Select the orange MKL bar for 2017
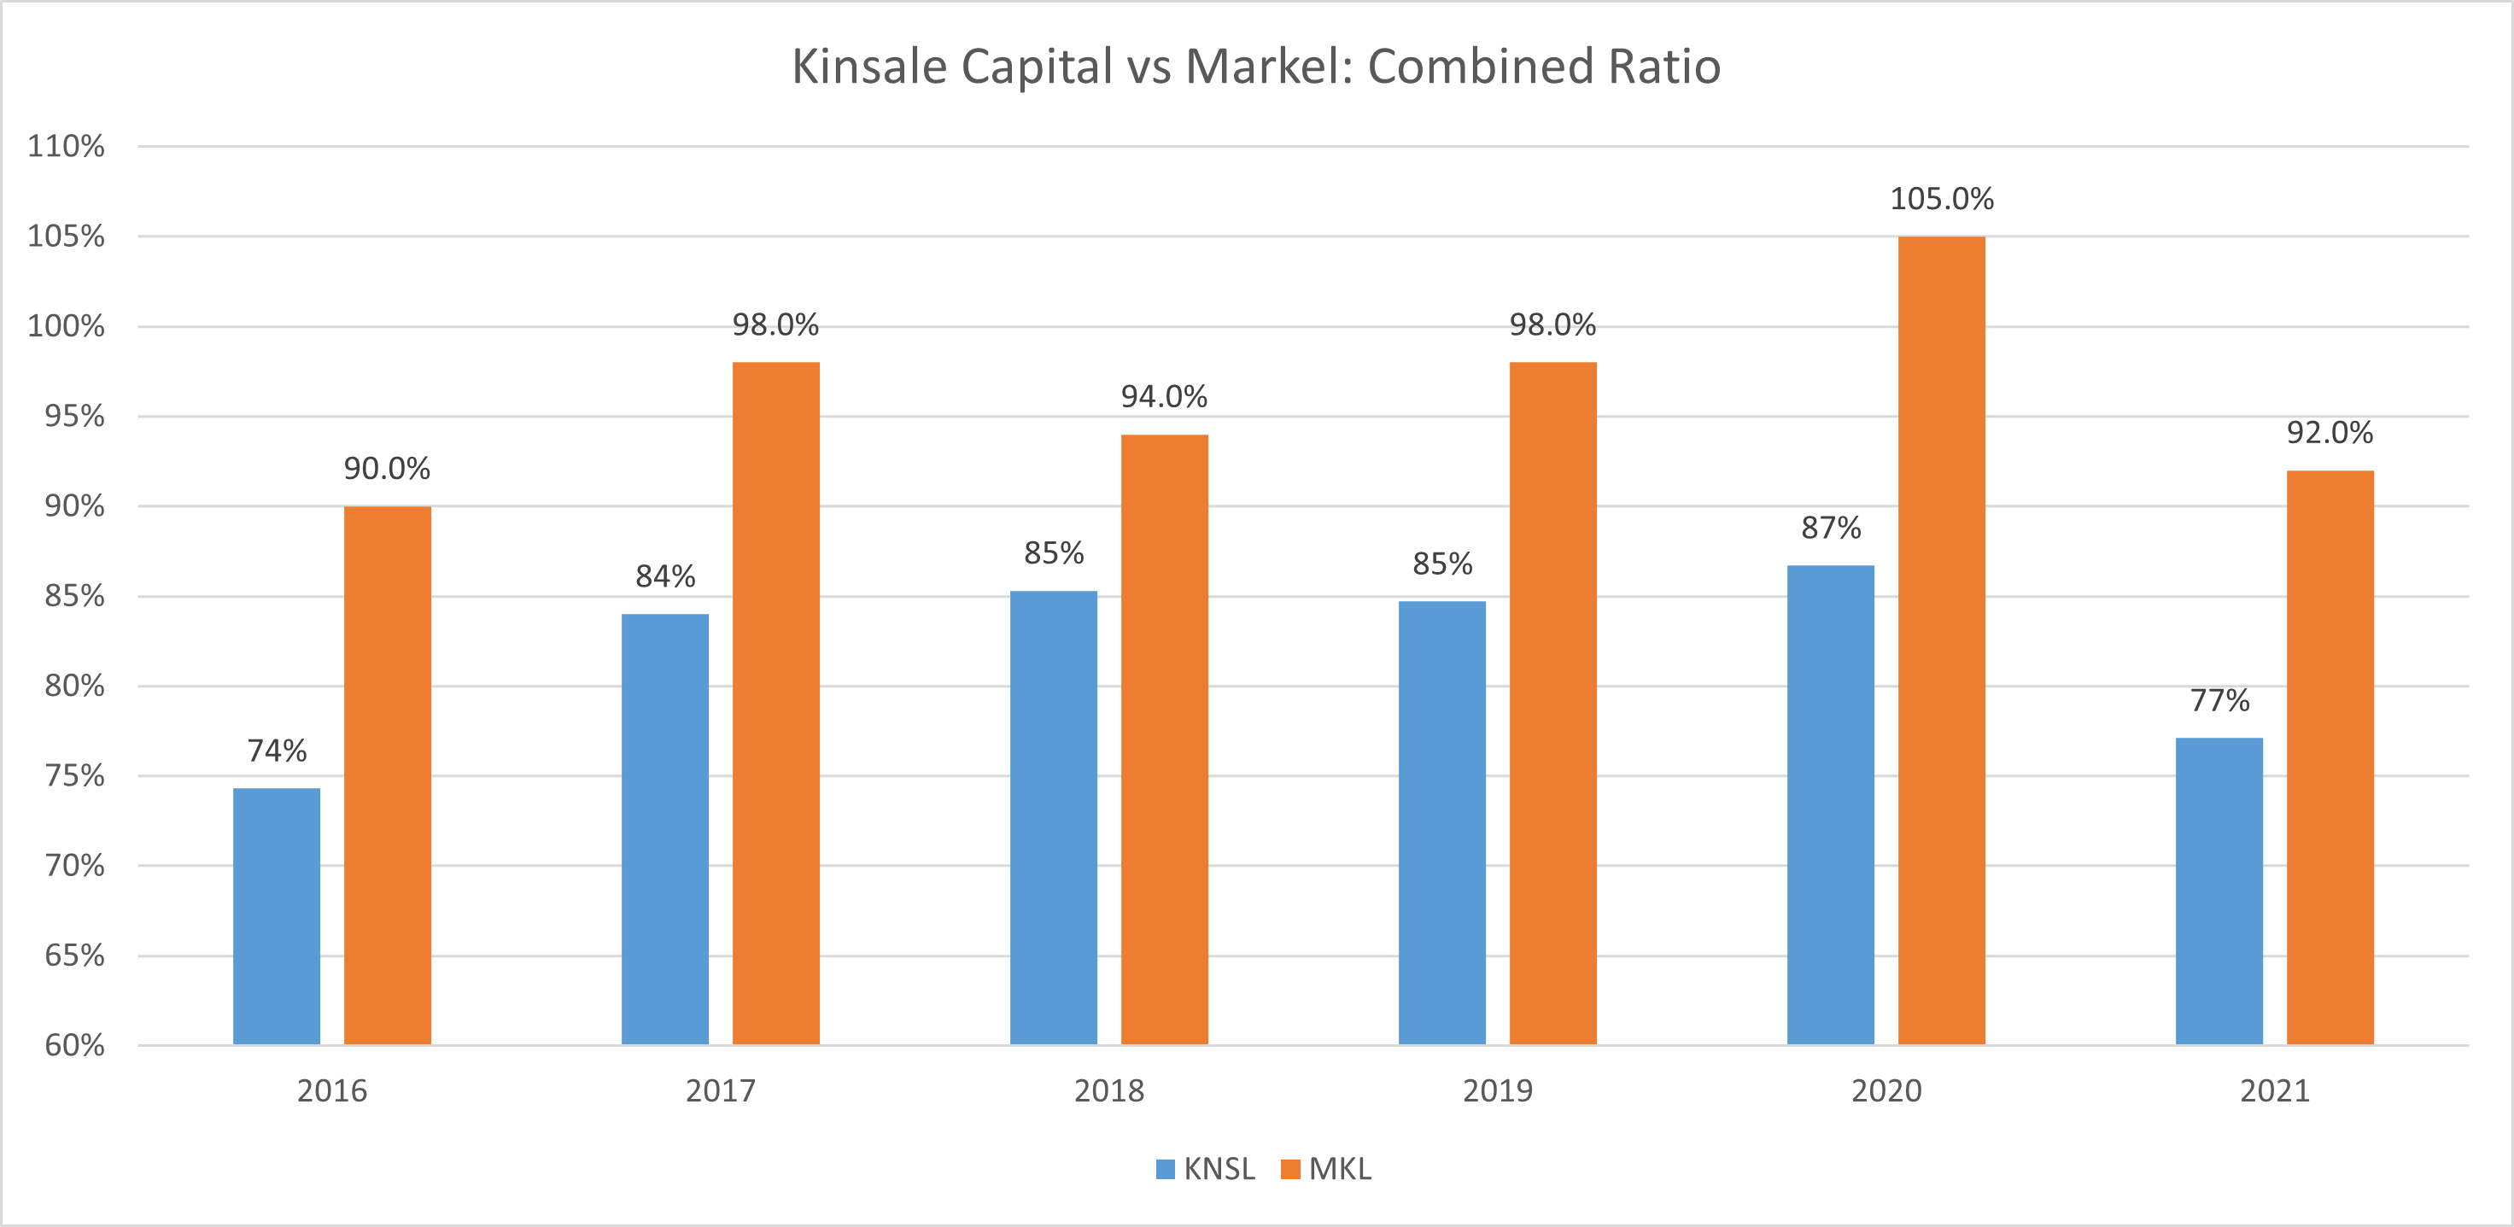776,703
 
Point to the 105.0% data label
1941,199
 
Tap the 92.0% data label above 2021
2330,432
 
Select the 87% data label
1830,528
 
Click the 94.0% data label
1164,396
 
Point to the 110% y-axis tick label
66,146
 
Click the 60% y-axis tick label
73,1045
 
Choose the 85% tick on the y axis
73,595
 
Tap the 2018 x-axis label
1108,1090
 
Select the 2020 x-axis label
1885,1090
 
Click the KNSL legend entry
1207,1168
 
